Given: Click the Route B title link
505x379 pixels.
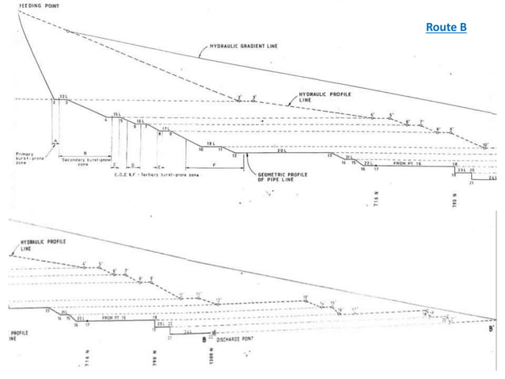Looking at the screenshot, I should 446,29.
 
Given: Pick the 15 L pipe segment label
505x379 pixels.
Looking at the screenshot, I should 116,115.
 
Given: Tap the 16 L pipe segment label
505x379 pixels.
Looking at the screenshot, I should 140,121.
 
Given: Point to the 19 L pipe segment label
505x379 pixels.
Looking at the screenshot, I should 211,143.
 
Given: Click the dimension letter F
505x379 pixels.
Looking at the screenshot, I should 215,164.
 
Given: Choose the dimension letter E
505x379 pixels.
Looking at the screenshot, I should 161,167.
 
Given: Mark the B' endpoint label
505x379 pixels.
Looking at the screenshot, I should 493,327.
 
